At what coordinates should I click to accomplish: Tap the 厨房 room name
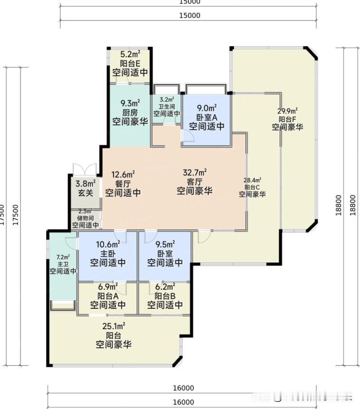click(x=129, y=112)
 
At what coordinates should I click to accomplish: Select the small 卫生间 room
click(x=166, y=110)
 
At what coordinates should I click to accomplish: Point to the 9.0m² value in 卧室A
click(x=206, y=108)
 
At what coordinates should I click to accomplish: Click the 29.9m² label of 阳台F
click(x=287, y=111)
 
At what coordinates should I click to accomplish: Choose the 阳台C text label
click(x=252, y=187)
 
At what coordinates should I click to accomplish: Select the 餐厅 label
click(x=123, y=183)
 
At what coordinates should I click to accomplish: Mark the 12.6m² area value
click(x=123, y=174)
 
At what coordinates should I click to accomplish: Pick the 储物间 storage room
click(x=86, y=219)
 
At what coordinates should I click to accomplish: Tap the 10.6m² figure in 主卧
click(x=108, y=245)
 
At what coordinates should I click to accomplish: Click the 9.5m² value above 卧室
click(x=165, y=245)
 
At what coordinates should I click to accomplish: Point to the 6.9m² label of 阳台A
click(x=108, y=286)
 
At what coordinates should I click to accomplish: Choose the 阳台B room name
click(x=165, y=295)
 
